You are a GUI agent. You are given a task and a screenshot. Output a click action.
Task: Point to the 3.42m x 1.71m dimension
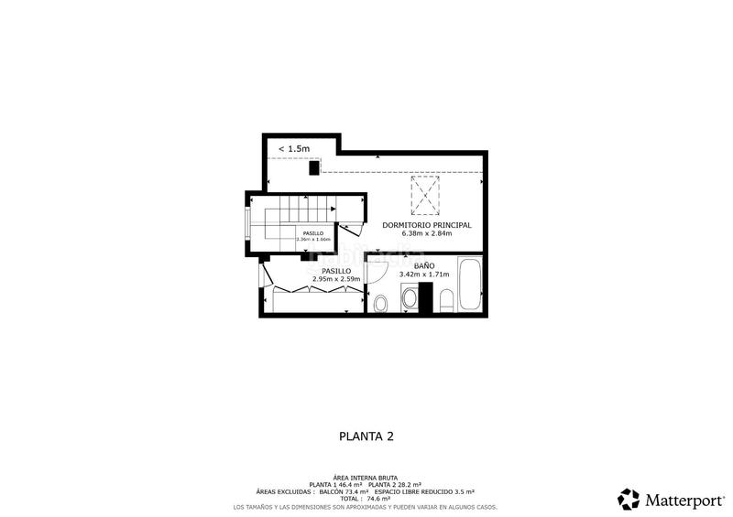coord(423,274)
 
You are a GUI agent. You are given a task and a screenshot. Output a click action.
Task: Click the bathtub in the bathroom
coord(469,285)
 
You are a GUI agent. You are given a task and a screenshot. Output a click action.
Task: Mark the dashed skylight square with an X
coord(424,196)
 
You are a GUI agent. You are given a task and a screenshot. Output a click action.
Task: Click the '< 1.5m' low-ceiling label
coord(294,148)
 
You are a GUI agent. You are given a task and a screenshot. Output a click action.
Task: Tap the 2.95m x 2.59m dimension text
coord(335,279)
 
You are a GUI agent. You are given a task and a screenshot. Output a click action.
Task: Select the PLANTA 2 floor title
coord(366,436)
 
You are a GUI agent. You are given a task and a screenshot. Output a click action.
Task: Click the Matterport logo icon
coord(629,499)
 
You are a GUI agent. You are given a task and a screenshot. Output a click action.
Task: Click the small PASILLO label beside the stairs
coord(313,233)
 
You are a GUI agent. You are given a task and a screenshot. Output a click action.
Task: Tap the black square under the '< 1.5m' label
coord(313,167)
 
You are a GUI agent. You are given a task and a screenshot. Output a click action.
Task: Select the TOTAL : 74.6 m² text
coord(366,499)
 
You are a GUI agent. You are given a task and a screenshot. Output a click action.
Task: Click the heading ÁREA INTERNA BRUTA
coord(366,477)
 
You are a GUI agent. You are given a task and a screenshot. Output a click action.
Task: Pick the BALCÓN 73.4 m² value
coord(368,491)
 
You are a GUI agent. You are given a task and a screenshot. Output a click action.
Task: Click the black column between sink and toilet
coord(425,296)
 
